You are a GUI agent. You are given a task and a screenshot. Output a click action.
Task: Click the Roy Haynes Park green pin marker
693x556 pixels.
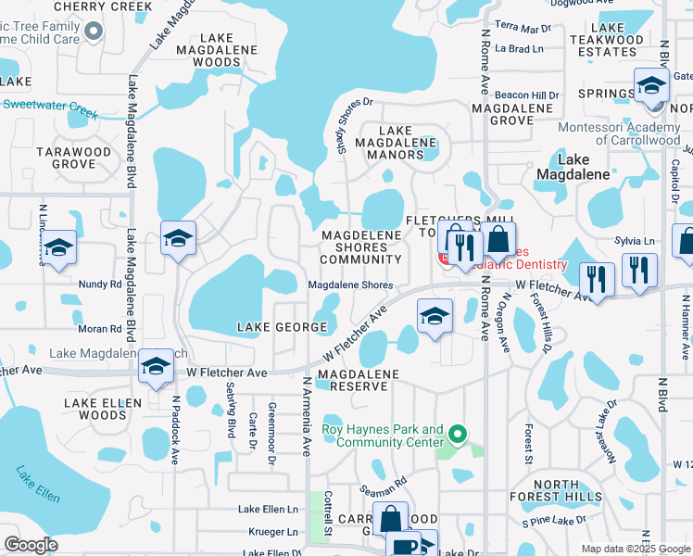[456, 434]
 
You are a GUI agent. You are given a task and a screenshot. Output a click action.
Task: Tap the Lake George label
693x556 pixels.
[282, 327]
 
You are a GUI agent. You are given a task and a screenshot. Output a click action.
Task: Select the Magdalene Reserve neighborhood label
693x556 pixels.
[358, 380]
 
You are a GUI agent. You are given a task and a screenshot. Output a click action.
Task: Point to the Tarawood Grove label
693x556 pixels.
[73, 158]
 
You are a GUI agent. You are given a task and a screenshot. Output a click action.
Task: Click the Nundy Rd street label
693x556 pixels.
[100, 284]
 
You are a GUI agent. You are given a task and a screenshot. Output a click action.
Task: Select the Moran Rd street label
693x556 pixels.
[100, 328]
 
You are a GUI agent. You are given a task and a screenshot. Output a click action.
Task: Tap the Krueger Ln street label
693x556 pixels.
[271, 532]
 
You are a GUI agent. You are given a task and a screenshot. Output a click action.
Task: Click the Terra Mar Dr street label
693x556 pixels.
[523, 27]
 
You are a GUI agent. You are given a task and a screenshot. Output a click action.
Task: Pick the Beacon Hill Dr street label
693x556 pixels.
[527, 95]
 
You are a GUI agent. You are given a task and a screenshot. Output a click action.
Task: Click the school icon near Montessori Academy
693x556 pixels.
[652, 87]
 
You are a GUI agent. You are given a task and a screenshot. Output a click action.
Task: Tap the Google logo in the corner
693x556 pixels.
[31, 545]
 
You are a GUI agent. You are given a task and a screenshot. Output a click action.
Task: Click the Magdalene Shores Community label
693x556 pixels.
[361, 247]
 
